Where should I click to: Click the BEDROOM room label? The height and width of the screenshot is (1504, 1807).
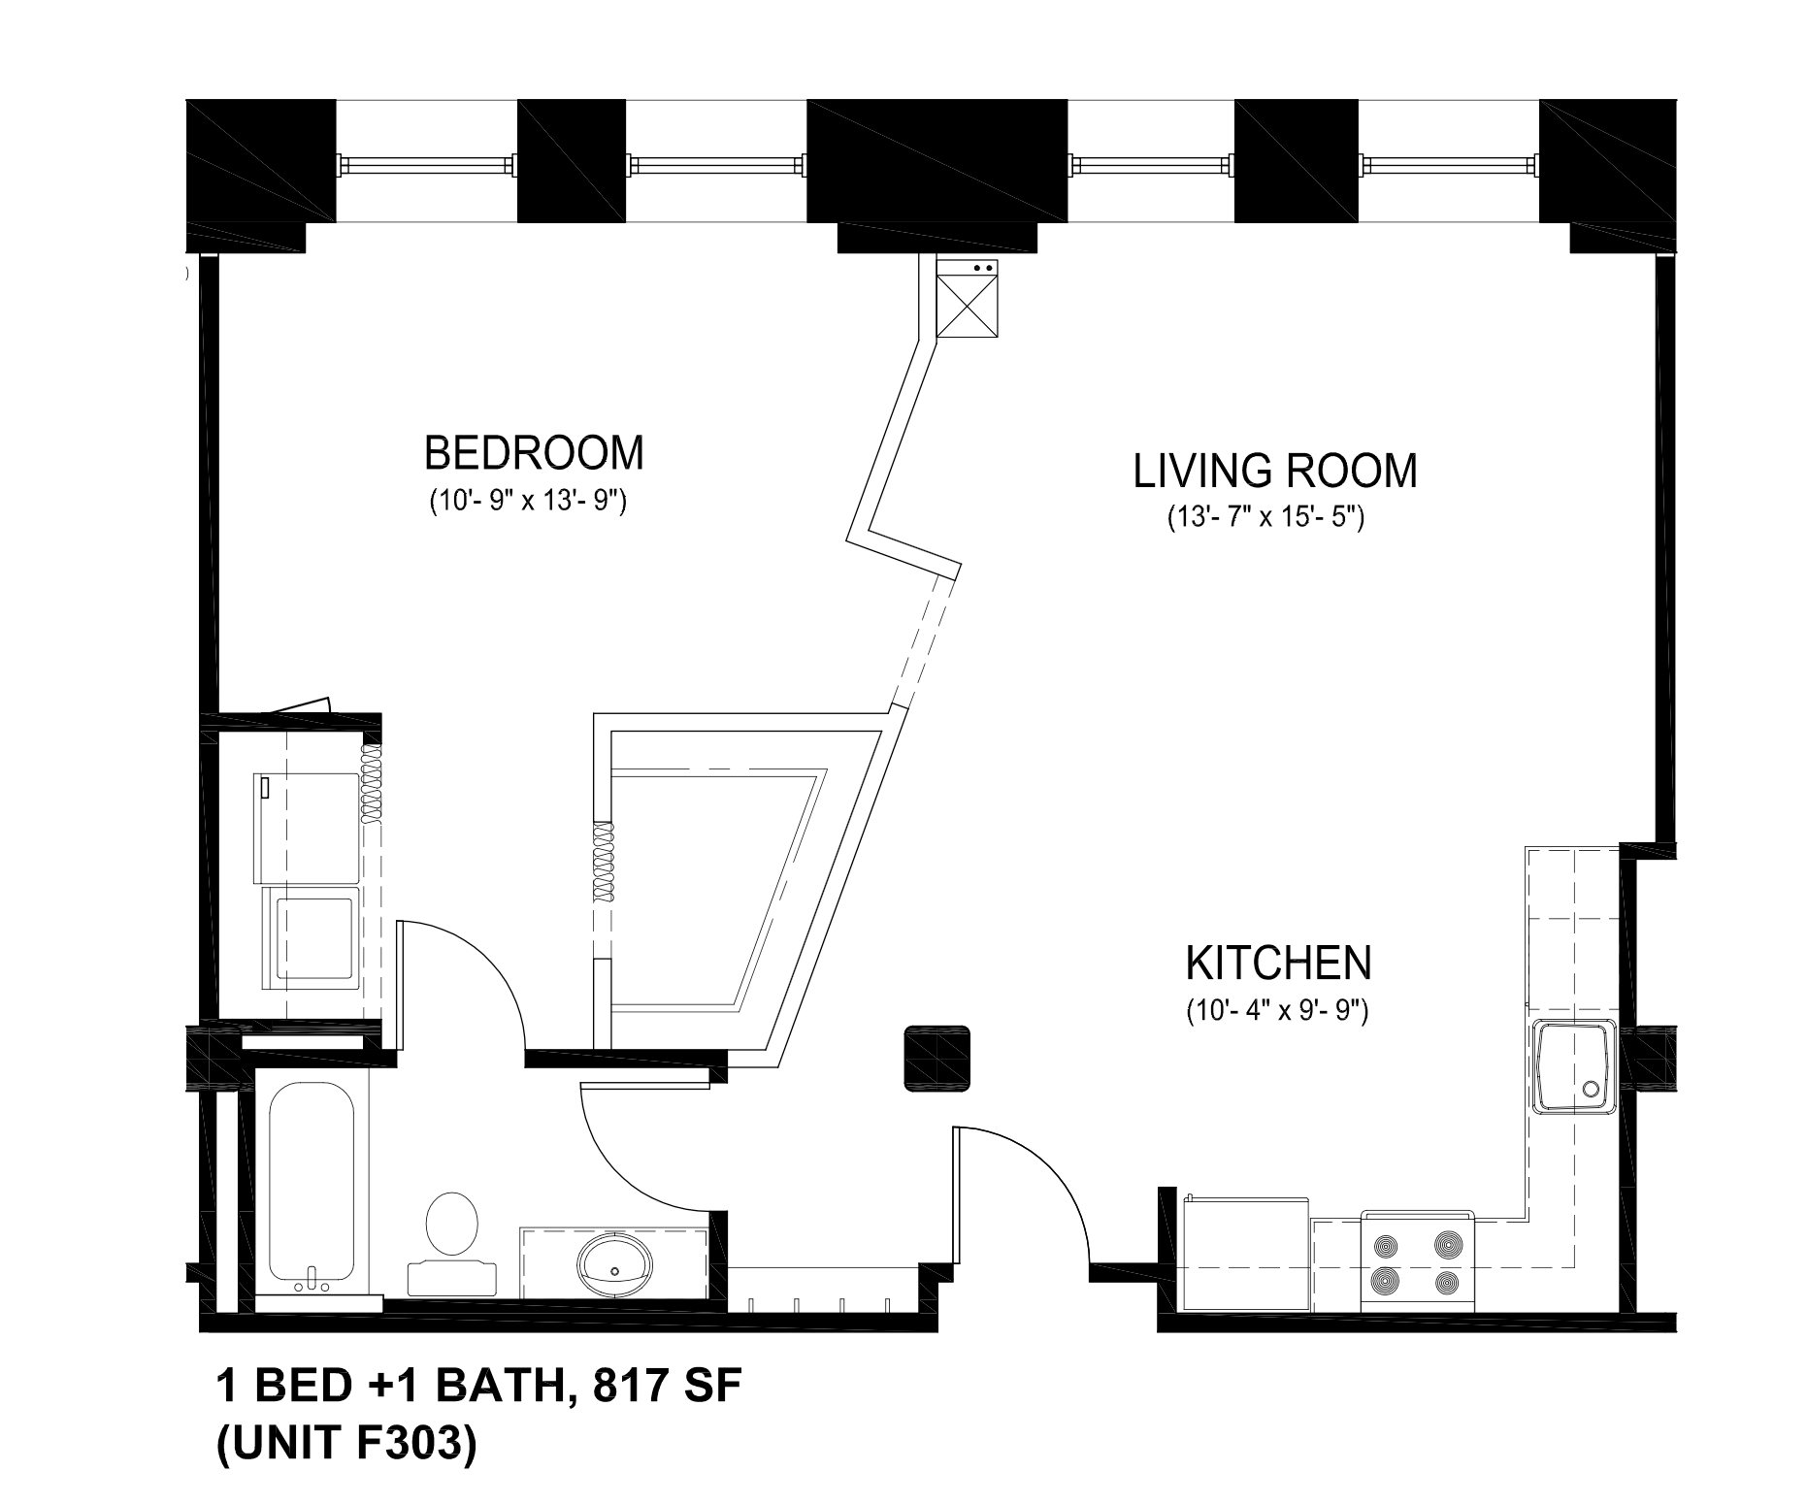[x=534, y=453]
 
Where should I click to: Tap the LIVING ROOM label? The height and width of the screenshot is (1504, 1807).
[x=1275, y=471]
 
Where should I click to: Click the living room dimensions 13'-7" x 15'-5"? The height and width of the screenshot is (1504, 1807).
[x=1266, y=518]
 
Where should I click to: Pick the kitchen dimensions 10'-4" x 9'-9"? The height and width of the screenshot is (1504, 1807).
[x=1277, y=1012]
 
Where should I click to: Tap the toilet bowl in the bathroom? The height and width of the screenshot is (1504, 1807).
[x=452, y=1224]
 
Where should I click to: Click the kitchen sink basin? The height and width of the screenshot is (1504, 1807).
[x=1573, y=1067]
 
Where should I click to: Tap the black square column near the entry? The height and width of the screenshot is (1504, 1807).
[x=936, y=1059]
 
